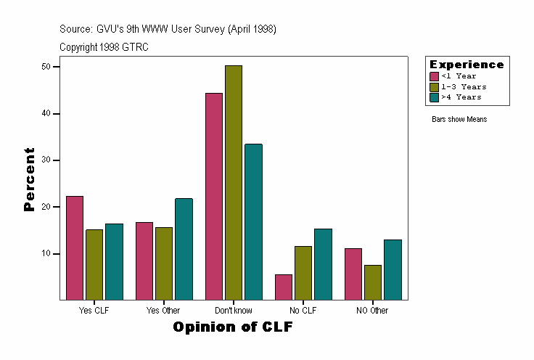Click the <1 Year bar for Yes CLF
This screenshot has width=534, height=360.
pyautogui.click(x=75, y=247)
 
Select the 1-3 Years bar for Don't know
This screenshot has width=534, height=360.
pyautogui.click(x=234, y=182)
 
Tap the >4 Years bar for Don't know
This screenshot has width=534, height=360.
pyautogui.click(x=253, y=221)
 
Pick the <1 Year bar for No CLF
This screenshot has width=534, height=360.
pyautogui.click(x=284, y=287)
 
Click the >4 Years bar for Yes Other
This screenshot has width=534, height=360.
pyautogui.click(x=184, y=249)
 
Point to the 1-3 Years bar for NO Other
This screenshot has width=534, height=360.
pyautogui.click(x=373, y=282)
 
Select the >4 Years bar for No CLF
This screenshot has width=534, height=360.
pyautogui.click(x=323, y=264)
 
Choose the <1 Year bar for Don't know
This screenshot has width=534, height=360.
pyautogui.click(x=214, y=196)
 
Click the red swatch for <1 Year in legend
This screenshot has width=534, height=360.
pyautogui.click(x=435, y=76)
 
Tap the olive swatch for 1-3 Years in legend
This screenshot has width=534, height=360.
pyautogui.click(x=435, y=86)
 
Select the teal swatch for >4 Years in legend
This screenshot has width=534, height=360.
pyautogui.click(x=435, y=97)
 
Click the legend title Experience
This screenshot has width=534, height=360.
pyautogui.click(x=467, y=65)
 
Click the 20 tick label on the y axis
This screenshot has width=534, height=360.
pyautogui.click(x=46, y=207)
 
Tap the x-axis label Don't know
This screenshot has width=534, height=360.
pyautogui.click(x=234, y=311)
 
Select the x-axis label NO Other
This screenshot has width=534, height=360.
pyautogui.click(x=372, y=311)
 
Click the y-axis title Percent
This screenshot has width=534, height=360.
pyautogui.click(x=29, y=179)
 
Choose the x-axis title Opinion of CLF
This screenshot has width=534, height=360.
pyautogui.click(x=233, y=327)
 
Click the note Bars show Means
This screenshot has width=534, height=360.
pyautogui.click(x=459, y=120)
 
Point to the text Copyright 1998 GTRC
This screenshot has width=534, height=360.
pyautogui.click(x=104, y=47)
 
